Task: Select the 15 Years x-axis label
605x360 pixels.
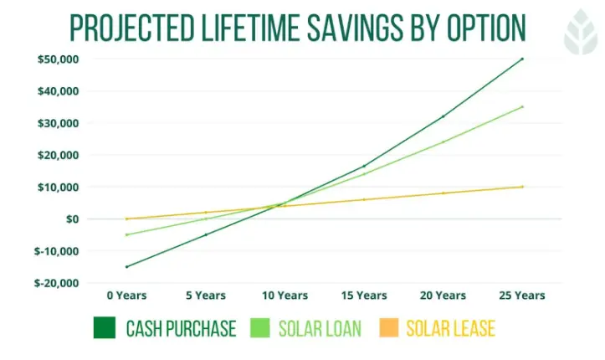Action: [363, 296]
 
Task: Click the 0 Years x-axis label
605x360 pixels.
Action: [126, 296]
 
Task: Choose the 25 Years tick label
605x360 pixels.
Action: [521, 296]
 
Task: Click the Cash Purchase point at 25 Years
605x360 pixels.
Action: [522, 59]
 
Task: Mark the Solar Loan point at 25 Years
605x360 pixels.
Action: [522, 106]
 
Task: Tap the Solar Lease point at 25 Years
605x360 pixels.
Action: [522, 187]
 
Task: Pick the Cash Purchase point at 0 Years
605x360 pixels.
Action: [126, 267]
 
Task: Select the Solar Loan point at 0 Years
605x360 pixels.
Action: [126, 234]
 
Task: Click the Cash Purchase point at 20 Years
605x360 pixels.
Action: [443, 116]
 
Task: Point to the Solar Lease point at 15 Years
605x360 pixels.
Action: [364, 199]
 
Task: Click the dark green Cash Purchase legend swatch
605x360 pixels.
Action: [105, 328]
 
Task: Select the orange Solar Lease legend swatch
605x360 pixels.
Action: [389, 328]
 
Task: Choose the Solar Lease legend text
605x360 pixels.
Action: [450, 328]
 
